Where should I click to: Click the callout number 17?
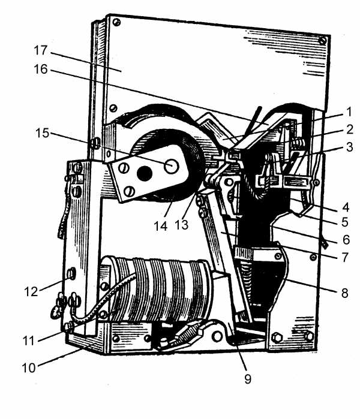(41, 50)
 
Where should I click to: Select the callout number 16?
(41, 69)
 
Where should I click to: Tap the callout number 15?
(43, 133)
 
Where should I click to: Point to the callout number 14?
(160, 226)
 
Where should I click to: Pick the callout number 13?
(182, 225)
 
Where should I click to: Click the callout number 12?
(31, 291)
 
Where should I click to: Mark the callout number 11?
(29, 340)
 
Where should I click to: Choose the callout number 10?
(29, 368)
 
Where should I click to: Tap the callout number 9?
(248, 379)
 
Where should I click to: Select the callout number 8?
(345, 293)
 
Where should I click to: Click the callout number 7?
(345, 257)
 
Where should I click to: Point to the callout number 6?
(346, 240)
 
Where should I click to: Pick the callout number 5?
(345, 222)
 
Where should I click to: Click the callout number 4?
(346, 207)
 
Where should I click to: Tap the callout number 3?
(350, 147)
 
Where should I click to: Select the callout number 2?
(350, 129)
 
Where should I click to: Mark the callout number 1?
(349, 112)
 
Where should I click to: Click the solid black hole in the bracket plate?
(145, 173)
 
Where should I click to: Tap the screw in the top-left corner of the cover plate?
(116, 22)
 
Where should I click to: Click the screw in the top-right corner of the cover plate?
(323, 41)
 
